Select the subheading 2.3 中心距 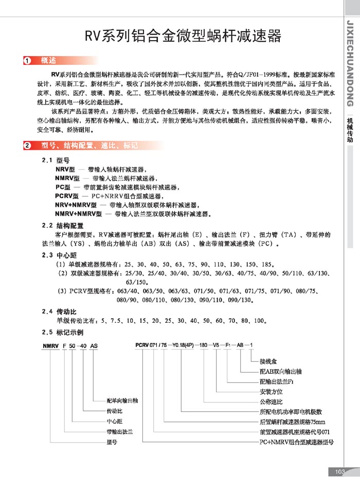[59, 255]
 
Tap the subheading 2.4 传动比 [59, 312]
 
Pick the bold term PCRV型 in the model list [66, 196]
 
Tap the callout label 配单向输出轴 [122, 400]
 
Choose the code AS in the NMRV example [94, 346]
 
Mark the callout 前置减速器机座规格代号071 [294, 432]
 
